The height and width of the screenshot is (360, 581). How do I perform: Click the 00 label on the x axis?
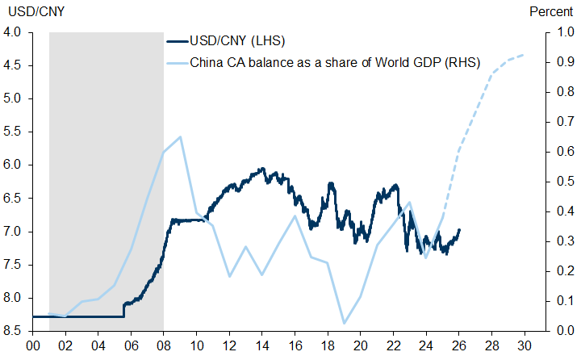coord(32,344)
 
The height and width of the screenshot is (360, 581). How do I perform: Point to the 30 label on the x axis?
coord(525,344)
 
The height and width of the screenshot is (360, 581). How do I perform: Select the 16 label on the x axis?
coord(295,344)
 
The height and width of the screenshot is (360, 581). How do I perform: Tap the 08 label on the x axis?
coord(164,344)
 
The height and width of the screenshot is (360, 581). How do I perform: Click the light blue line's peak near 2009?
coord(180,136)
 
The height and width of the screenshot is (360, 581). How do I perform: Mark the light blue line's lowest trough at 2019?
coord(345,324)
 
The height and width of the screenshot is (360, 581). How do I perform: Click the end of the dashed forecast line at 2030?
coord(525,55)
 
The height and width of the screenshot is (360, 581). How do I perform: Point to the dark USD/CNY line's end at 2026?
coord(459,230)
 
